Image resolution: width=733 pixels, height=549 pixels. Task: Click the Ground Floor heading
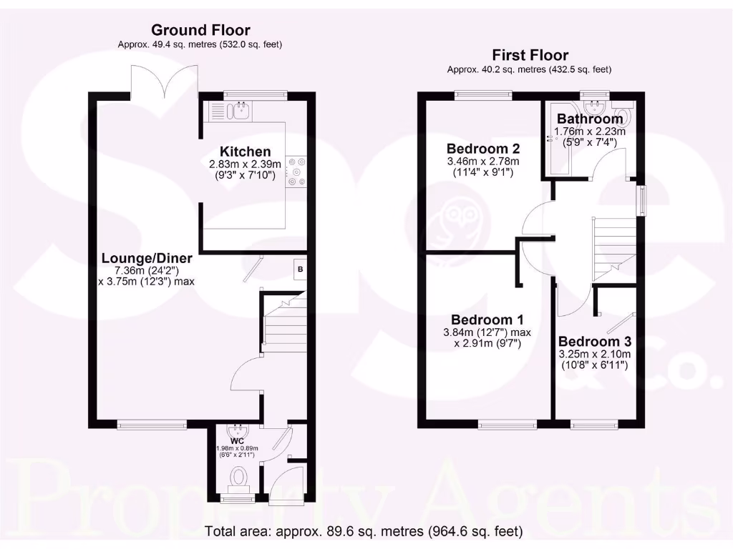200,30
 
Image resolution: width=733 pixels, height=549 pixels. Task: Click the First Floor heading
530,55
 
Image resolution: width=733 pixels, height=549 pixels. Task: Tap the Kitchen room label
245,152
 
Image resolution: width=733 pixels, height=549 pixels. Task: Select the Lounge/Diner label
147,258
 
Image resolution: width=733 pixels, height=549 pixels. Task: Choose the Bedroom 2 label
482,149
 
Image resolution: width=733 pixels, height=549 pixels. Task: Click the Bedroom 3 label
594,342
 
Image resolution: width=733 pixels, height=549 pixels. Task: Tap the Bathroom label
590,119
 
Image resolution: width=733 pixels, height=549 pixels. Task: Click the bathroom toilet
624,117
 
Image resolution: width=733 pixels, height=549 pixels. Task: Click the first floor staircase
613,247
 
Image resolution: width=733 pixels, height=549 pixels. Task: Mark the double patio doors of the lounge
164,81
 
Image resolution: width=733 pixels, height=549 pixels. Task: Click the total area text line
364,532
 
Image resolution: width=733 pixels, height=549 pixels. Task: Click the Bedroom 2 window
482,94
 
